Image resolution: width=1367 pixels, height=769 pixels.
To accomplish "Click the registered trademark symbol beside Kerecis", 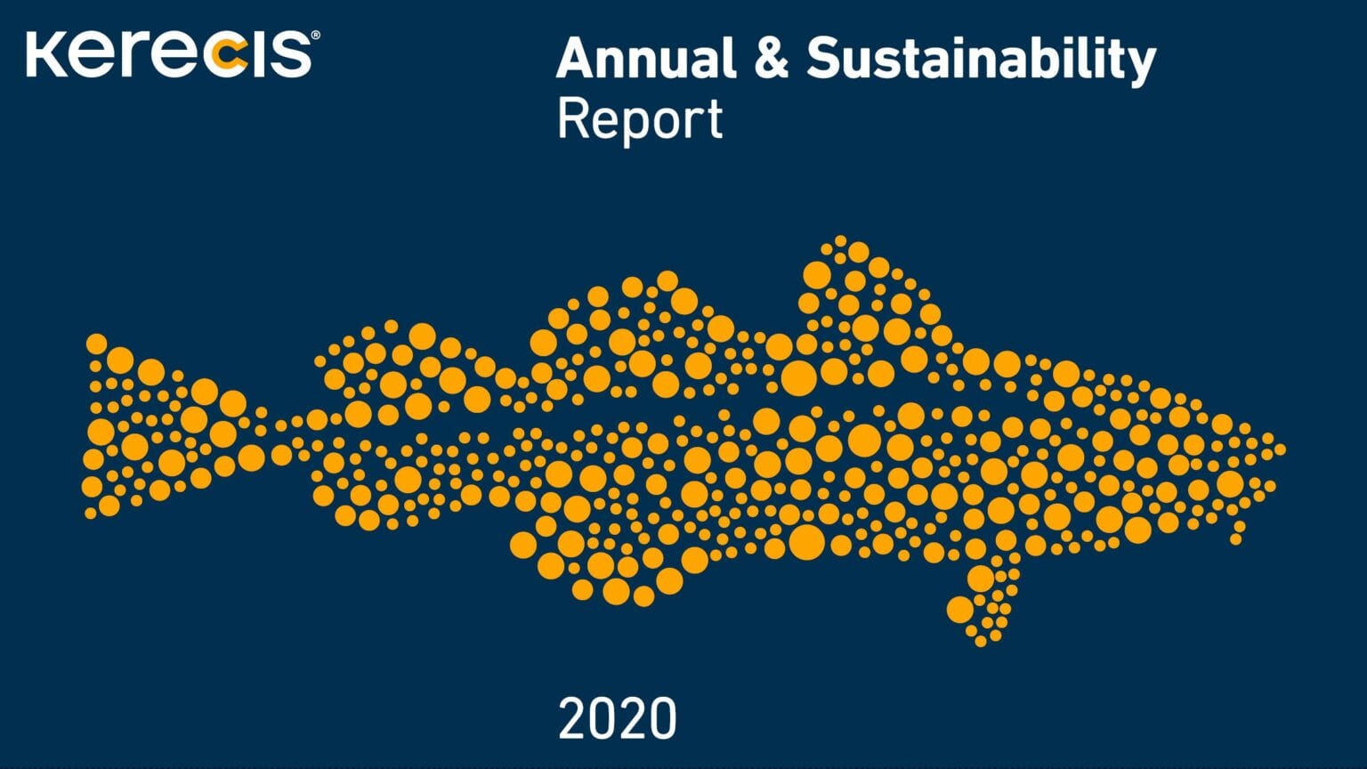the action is pyautogui.click(x=316, y=35).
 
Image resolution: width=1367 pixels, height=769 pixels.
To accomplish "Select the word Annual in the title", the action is pyautogui.click(x=646, y=58).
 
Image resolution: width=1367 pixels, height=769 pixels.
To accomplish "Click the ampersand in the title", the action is pyautogui.click(x=772, y=58).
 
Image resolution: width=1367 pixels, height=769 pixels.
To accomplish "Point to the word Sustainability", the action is pyautogui.click(x=982, y=61).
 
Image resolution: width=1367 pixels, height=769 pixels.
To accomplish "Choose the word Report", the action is pyautogui.click(x=640, y=120).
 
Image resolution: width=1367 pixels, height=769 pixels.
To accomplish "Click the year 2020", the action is pyautogui.click(x=617, y=718).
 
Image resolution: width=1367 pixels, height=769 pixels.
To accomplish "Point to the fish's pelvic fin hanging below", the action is pyautogui.click(x=983, y=601).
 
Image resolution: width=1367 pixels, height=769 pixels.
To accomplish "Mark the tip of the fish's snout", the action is pyautogui.click(x=1280, y=449).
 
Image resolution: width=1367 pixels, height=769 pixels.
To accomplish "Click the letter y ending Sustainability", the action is pyautogui.click(x=1139, y=67).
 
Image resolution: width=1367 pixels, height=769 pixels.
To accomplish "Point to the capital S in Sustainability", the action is pyautogui.click(x=825, y=58).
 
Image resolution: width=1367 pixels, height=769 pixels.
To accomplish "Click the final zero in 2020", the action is pyautogui.click(x=661, y=718).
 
